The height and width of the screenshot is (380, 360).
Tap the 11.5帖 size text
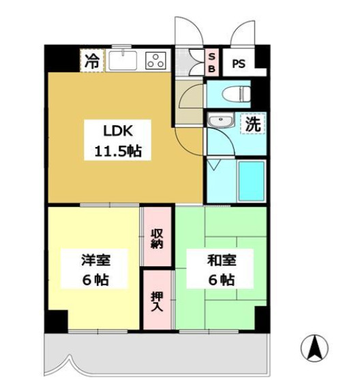(x=114, y=151)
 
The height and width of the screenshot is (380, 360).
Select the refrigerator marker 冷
(x=91, y=61)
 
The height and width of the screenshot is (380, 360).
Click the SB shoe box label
(x=211, y=62)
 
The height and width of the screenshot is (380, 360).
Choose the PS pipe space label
(x=238, y=64)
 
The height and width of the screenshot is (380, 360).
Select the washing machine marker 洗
(x=252, y=125)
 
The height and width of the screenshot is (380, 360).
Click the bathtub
(x=250, y=180)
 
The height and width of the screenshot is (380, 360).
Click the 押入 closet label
(x=157, y=300)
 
